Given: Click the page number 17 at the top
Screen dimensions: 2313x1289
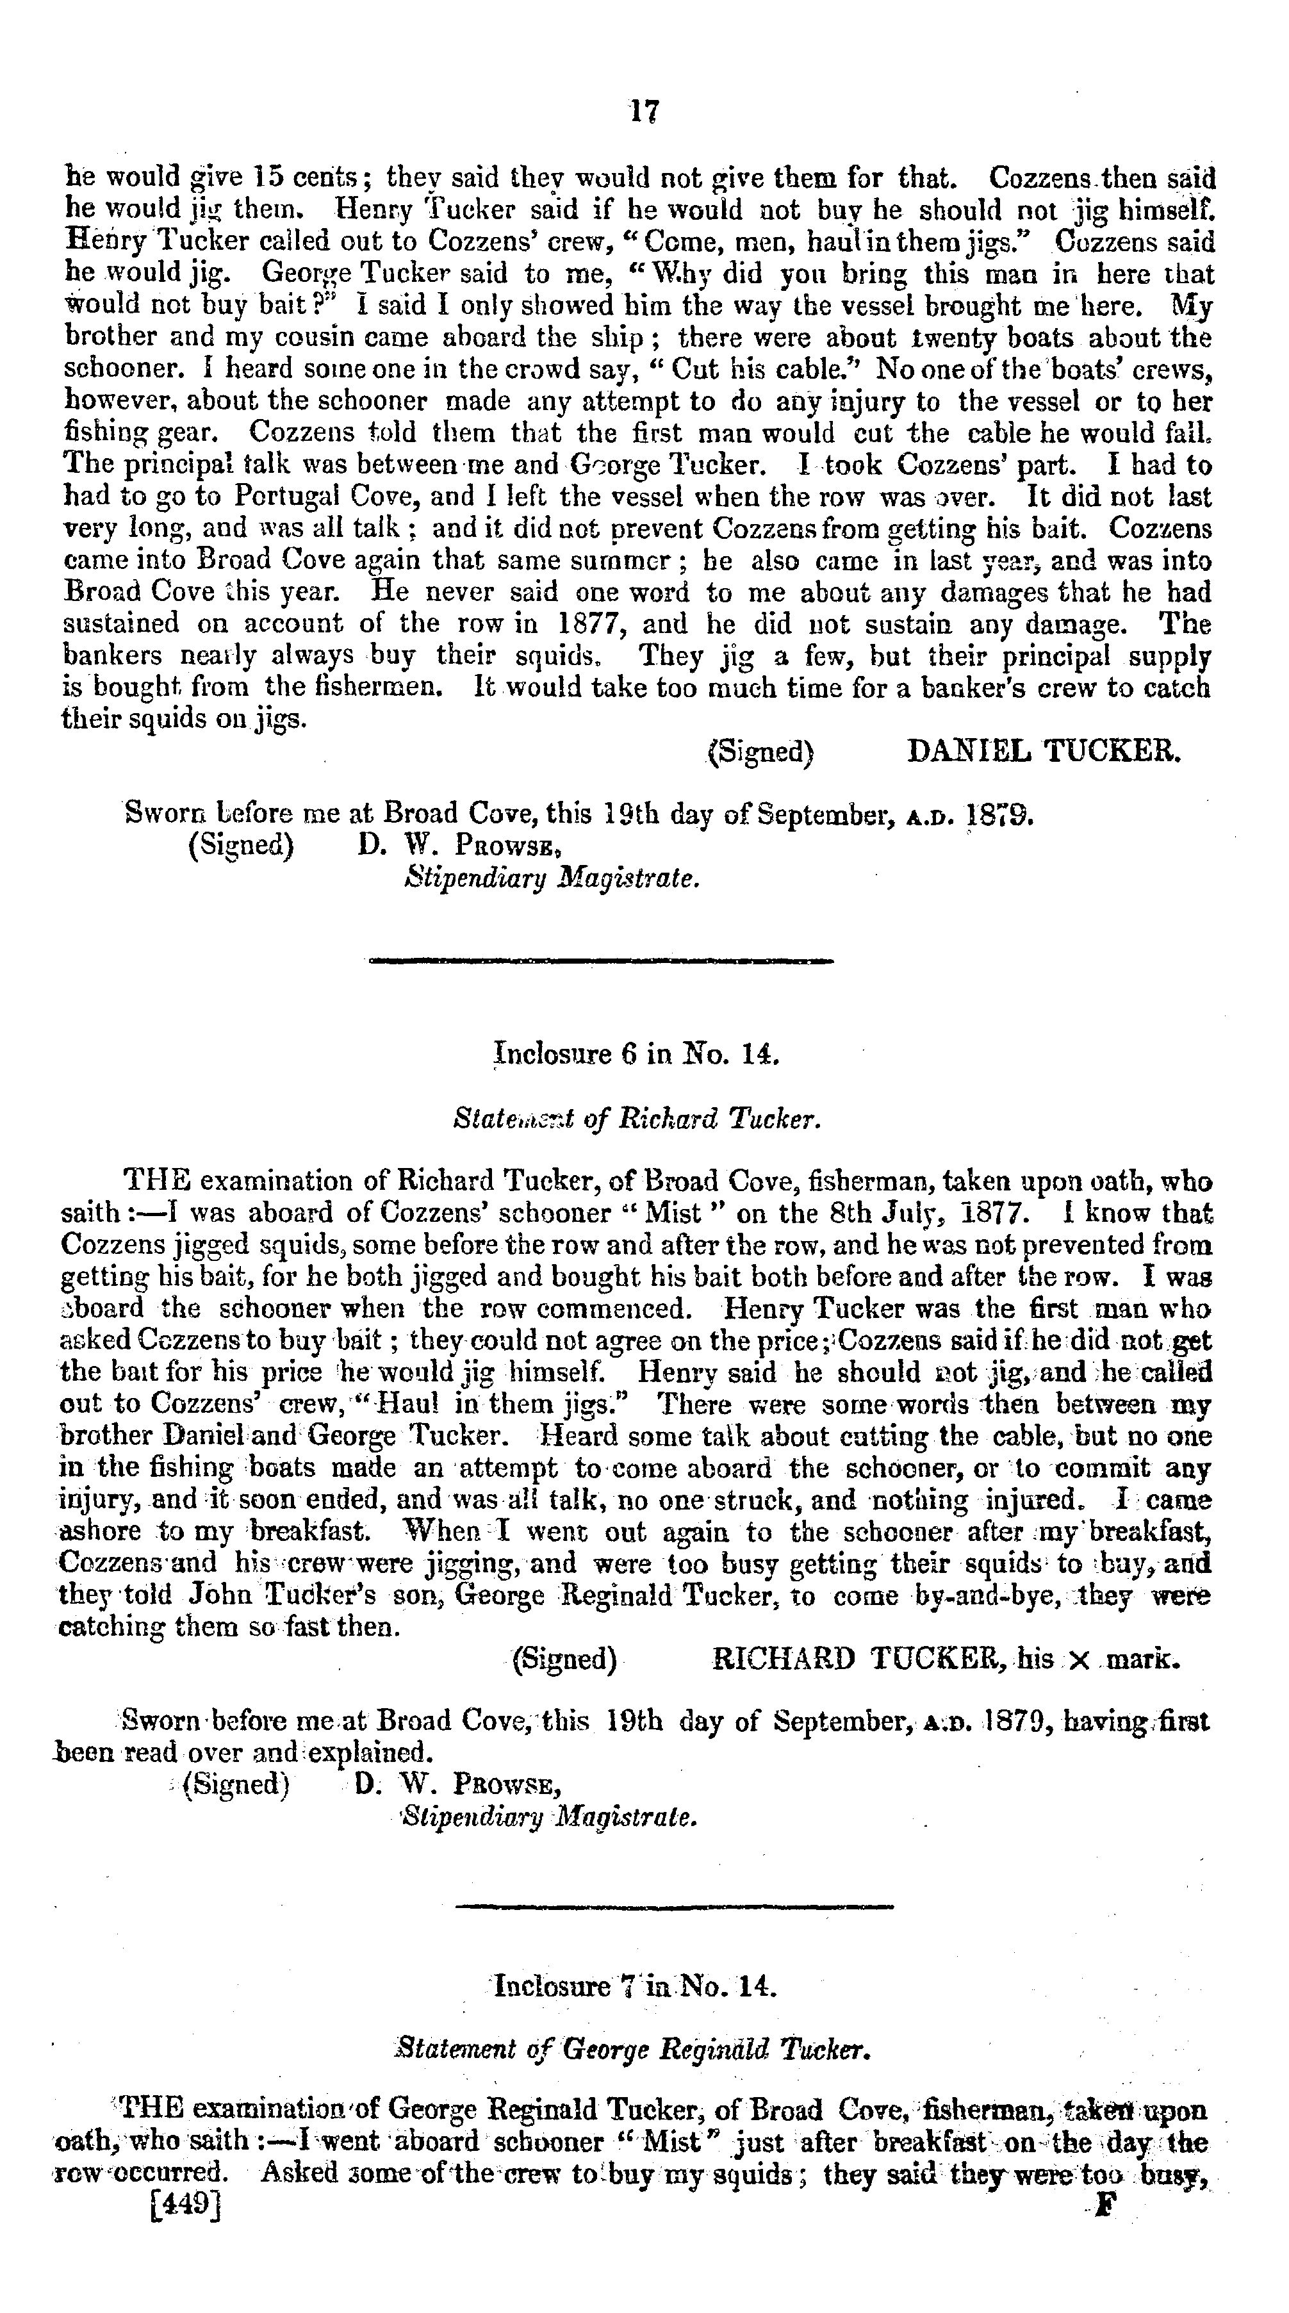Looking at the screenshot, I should pos(644,111).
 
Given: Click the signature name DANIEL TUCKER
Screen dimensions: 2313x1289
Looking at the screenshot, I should pos(1044,752).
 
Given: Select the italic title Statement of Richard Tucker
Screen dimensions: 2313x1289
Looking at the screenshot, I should pos(637,1120).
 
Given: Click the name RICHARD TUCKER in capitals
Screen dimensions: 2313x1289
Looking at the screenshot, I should pos(857,1659).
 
